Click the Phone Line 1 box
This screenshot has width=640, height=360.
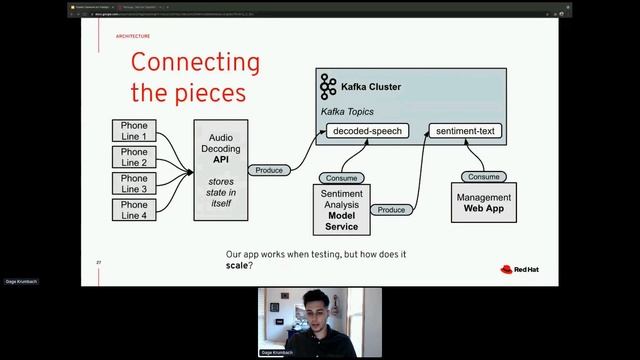point(134,131)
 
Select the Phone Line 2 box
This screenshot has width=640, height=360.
point(134,157)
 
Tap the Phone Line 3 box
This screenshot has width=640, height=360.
point(134,183)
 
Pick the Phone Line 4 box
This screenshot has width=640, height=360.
point(134,209)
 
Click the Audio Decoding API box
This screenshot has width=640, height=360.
point(220,170)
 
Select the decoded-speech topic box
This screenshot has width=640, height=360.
point(367,130)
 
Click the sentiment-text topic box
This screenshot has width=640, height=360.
point(464,130)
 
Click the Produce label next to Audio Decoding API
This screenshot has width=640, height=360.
point(269,170)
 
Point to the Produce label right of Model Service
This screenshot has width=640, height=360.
point(391,210)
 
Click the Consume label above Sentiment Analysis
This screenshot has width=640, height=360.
point(342,177)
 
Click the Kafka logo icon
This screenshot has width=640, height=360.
point(328,87)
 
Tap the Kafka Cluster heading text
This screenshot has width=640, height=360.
point(371,87)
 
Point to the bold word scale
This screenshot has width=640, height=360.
point(236,266)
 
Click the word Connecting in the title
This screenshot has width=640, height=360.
point(195,63)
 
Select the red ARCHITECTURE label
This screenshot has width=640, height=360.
point(133,35)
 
